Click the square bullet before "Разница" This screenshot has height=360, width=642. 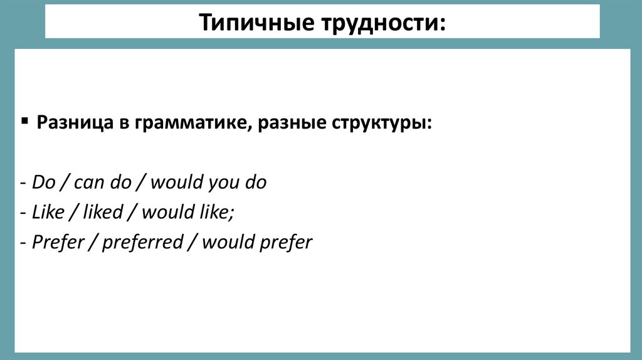coord(24,120)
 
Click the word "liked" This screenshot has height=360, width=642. coord(104,213)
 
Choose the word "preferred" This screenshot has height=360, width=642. coord(142,242)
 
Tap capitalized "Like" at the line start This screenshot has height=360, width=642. coord(48,213)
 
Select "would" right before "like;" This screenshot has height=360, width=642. coord(165,213)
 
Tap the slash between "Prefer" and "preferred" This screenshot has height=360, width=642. coord(92,242)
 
